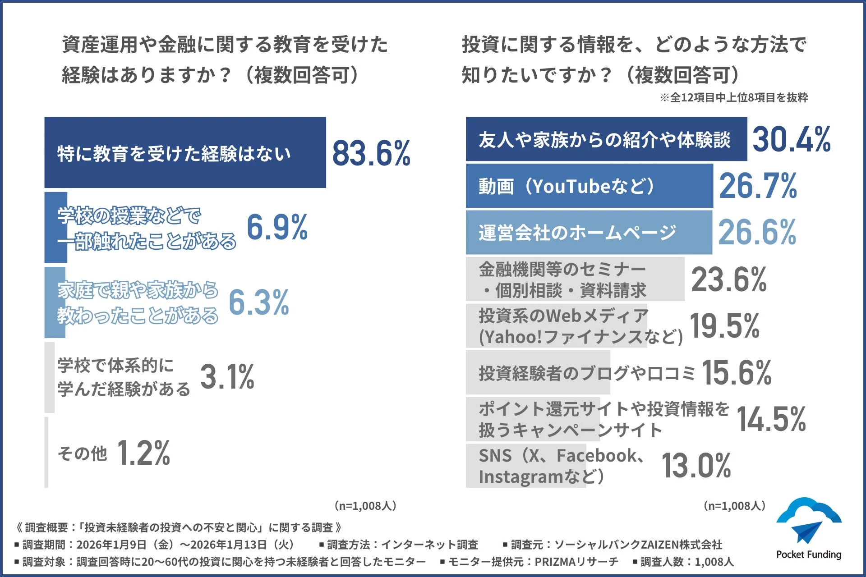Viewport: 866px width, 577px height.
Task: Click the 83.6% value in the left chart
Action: coord(371,153)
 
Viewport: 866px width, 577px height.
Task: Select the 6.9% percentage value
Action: coord(277,227)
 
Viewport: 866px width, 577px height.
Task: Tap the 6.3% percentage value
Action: coord(259,302)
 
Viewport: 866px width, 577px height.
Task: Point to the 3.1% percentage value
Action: coord(227,377)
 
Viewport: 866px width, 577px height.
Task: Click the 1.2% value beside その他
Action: coord(143,453)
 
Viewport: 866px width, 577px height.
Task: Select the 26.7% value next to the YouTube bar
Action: coord(758,186)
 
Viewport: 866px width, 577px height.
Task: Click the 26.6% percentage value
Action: coord(757,233)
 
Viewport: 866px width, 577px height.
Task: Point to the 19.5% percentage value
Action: coord(725,326)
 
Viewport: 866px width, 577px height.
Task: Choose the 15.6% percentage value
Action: coord(737,373)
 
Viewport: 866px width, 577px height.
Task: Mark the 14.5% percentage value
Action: coord(771,419)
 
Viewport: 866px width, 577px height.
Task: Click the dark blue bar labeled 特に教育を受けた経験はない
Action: coord(185,152)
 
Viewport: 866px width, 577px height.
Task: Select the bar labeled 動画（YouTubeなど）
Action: coord(589,186)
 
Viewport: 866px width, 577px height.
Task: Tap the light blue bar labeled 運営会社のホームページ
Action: coord(589,233)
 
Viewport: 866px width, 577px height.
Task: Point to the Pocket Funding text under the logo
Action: coord(809,554)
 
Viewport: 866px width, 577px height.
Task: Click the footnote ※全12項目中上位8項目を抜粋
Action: coord(734,97)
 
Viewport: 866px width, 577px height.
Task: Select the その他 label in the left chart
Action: coord(83,453)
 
